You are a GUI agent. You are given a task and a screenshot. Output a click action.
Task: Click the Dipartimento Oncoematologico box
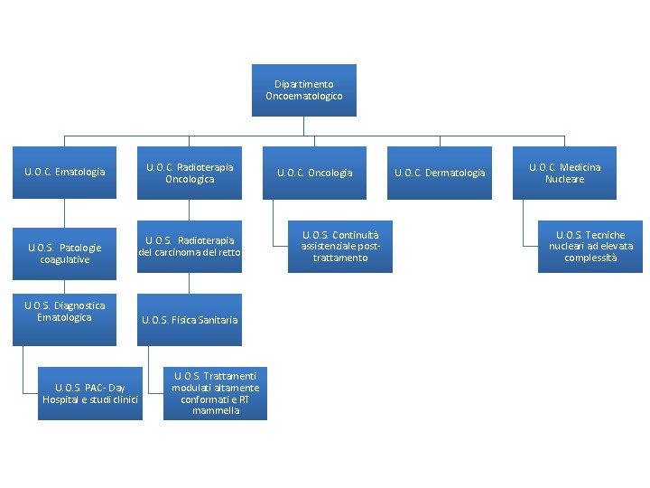303,90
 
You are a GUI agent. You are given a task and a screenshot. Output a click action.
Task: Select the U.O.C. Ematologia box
64,173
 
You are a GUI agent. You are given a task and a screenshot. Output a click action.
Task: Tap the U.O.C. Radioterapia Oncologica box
190,173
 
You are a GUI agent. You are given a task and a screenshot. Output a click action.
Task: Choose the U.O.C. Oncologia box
315,173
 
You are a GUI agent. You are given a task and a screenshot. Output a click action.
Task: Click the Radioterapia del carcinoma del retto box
190,247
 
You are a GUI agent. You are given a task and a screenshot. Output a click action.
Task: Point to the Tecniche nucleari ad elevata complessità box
590,247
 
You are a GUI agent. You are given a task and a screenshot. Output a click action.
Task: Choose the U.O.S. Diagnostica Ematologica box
64,319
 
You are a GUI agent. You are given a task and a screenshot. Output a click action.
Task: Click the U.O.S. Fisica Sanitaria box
190,319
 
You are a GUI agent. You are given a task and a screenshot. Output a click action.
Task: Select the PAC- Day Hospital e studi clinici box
90,394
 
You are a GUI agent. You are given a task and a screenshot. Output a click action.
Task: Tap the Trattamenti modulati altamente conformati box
215,394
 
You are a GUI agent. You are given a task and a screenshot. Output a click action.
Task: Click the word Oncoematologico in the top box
304,96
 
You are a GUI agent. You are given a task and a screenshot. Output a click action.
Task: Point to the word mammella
216,411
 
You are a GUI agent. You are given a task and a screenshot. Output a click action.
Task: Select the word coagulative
64,259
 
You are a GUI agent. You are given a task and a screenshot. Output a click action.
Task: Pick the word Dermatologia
455,173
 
